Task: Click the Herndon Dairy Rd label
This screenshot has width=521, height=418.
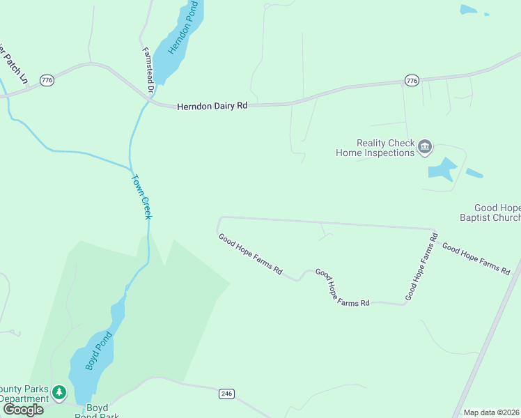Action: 212,107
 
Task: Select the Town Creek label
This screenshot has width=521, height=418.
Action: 141,196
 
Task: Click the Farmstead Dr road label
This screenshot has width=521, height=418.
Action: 147,70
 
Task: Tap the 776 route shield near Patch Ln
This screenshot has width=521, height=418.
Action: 47,81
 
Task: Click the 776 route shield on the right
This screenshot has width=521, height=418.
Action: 412,82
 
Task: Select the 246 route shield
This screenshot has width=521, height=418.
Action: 226,394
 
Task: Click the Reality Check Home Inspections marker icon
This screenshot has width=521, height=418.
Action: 425,148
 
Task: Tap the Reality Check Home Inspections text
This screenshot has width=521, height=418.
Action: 375,148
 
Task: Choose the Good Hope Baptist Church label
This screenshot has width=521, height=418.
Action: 497,212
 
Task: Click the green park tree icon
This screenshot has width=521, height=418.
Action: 60,393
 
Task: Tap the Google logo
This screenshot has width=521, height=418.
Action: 23,410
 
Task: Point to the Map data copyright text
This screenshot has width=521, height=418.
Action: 492,412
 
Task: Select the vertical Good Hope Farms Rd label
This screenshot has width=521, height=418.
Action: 421,268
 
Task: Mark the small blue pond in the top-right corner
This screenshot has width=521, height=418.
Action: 469,10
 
